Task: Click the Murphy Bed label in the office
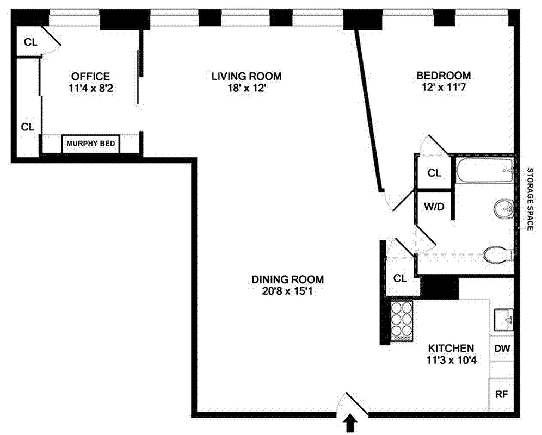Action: click(90, 144)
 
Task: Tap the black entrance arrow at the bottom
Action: click(352, 423)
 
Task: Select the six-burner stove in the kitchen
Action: click(402, 321)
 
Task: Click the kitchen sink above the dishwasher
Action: click(503, 320)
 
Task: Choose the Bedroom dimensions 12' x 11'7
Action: click(443, 88)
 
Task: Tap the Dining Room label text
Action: click(287, 279)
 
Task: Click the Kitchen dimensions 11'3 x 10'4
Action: click(451, 359)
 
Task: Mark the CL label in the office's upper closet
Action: click(30, 42)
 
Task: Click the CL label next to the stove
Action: click(400, 278)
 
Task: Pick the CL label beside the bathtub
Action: click(434, 173)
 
